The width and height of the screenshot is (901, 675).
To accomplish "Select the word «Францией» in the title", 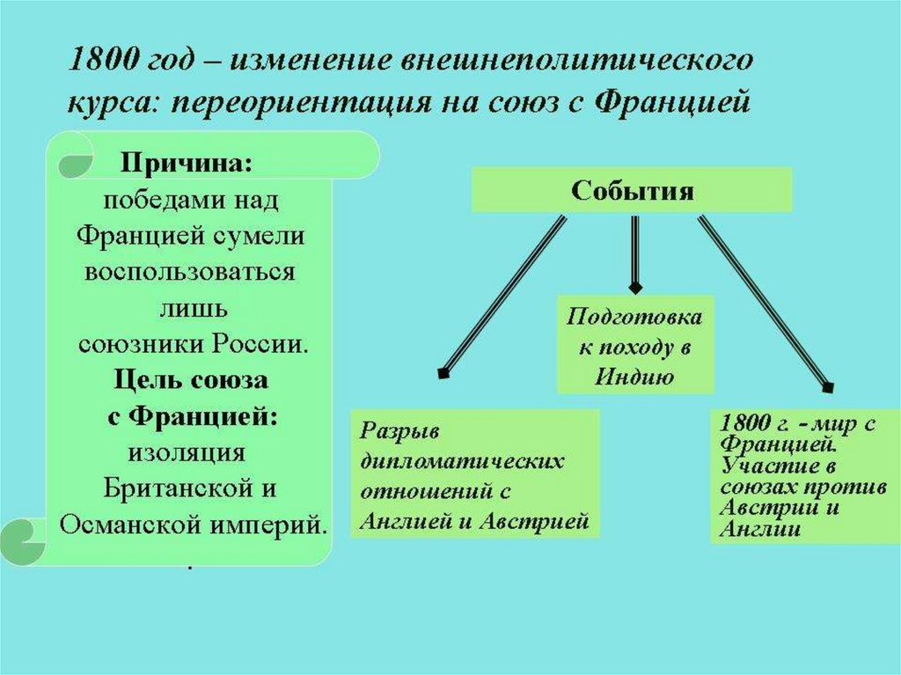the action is tap(672, 103).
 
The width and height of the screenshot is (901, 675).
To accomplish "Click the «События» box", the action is tap(633, 190).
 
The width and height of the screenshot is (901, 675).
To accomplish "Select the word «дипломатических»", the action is tap(461, 461).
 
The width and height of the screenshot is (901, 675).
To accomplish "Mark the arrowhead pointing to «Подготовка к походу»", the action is tap(635, 287).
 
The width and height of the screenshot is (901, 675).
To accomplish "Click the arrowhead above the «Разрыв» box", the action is tap(443, 373).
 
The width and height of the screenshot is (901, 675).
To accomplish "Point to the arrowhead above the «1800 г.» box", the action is tap(826, 385).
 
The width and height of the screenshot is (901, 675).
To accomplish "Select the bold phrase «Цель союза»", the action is tap(191, 381).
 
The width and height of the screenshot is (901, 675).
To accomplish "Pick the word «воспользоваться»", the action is tap(189, 271).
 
